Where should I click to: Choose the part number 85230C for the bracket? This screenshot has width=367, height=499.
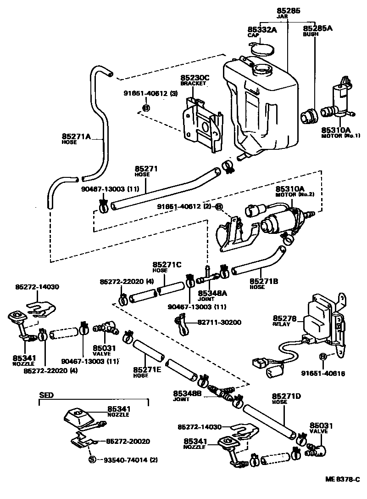(195, 79)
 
